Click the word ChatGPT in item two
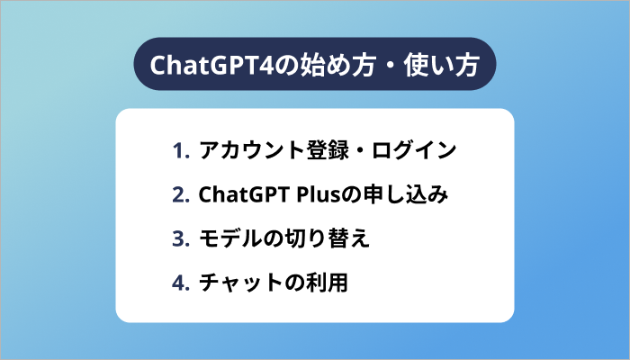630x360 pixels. (x=236, y=194)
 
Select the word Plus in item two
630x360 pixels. (x=304, y=194)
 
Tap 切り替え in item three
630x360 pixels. (x=326, y=239)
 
